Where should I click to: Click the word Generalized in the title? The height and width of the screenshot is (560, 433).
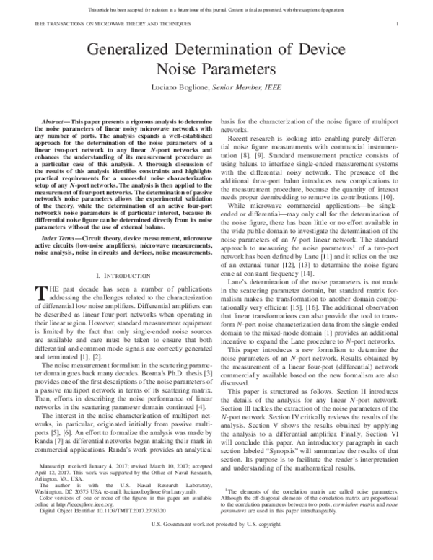(x=131, y=51)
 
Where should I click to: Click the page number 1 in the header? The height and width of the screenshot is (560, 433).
(x=398, y=24)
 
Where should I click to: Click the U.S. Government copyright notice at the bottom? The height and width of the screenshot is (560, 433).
(x=216, y=548)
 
